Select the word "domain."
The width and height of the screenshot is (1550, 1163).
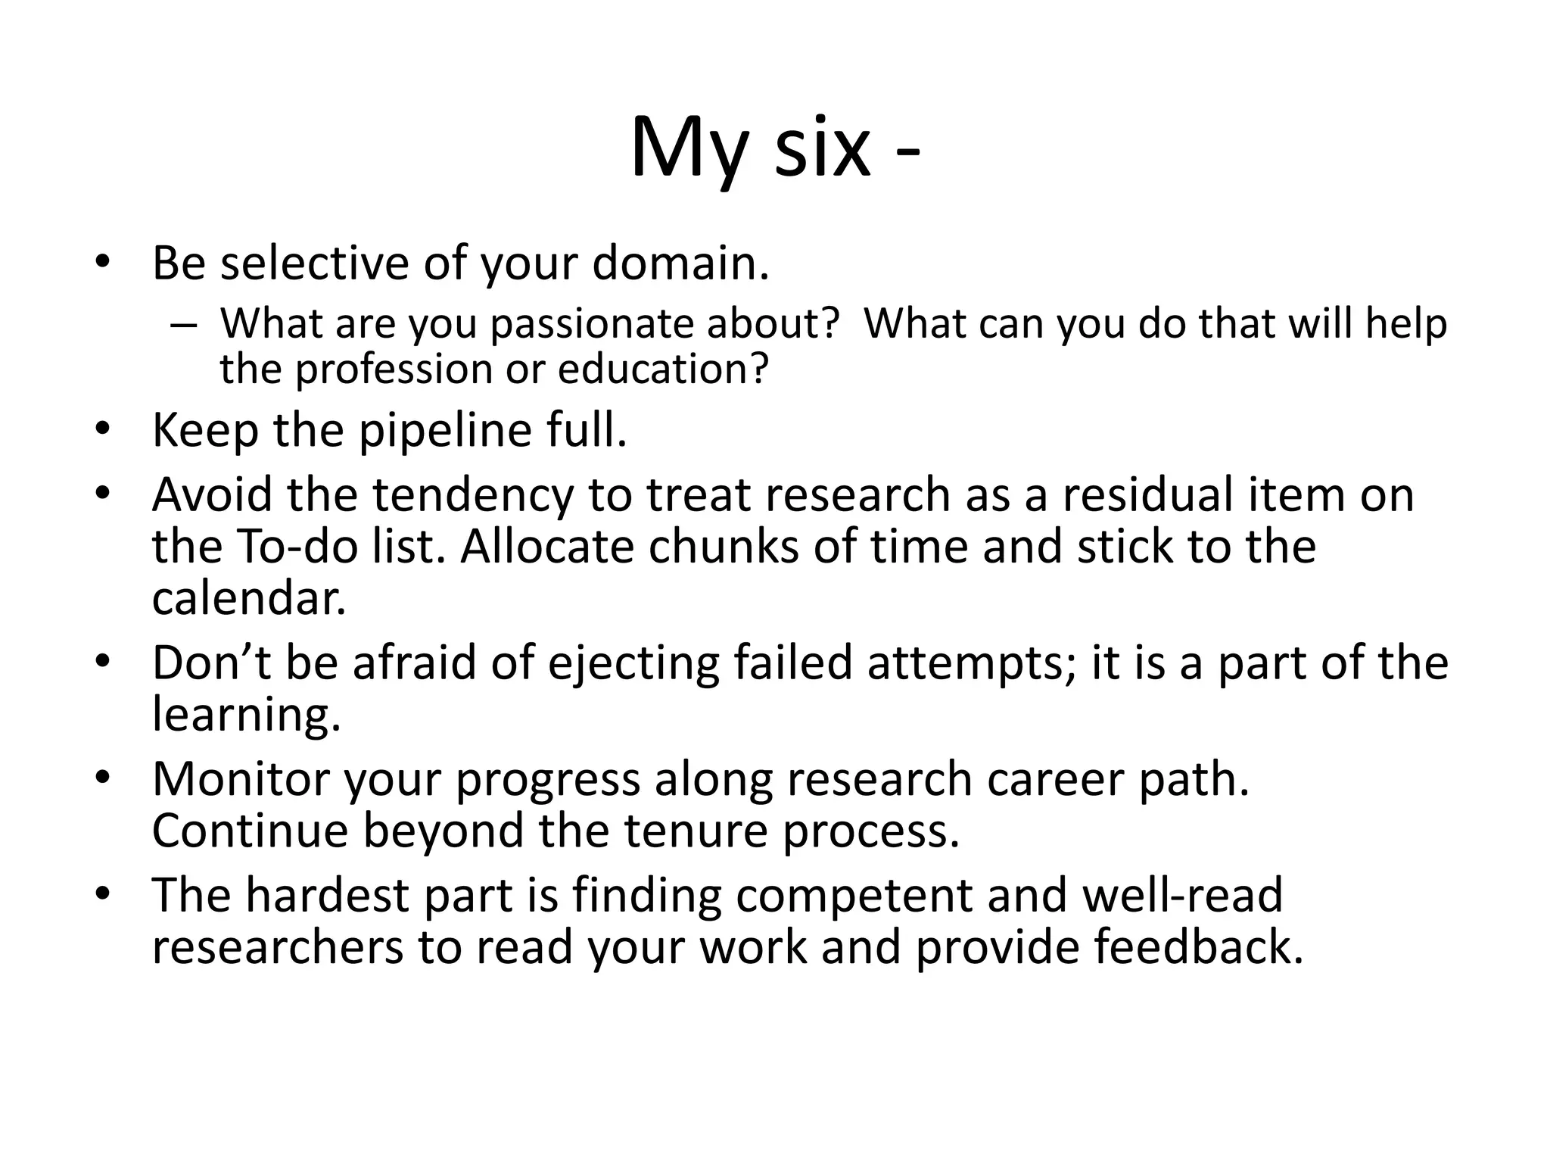(x=680, y=263)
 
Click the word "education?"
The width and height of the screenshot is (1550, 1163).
(x=663, y=369)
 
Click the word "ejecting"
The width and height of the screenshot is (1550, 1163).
(x=633, y=663)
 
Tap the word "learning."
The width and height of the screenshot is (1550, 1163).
(x=247, y=715)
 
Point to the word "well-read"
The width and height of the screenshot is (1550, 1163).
(x=1183, y=896)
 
